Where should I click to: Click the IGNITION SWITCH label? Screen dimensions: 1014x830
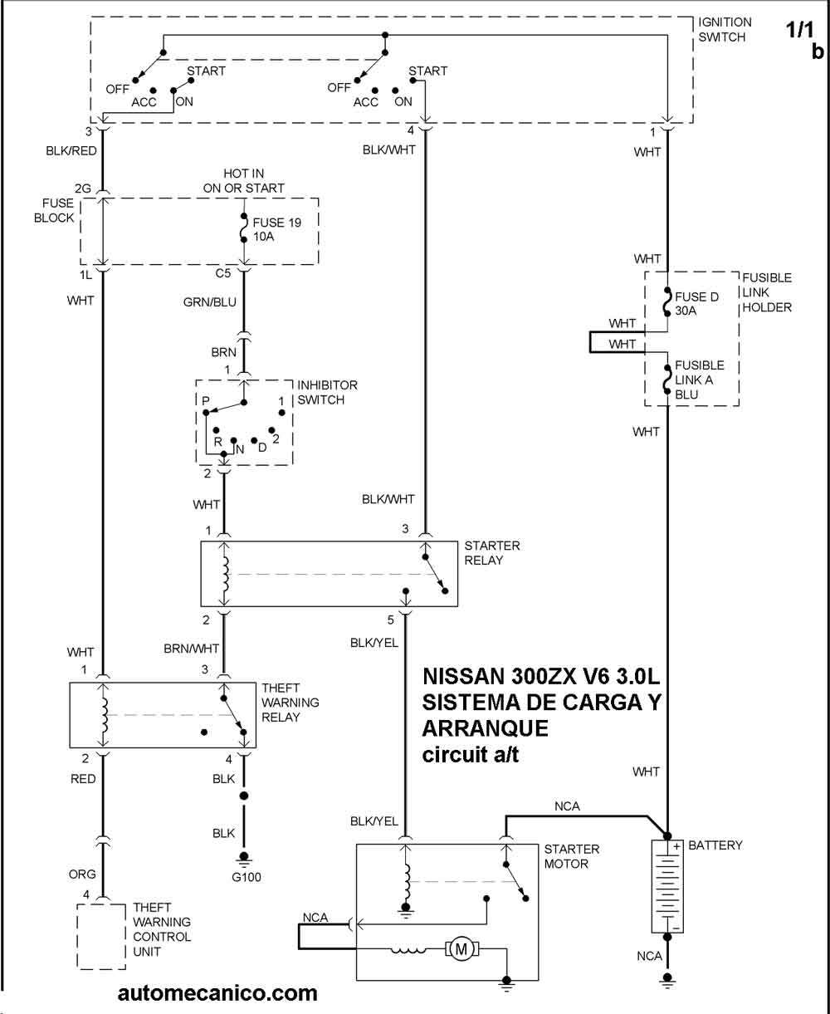(x=724, y=30)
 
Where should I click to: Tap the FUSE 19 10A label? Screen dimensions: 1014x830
(x=277, y=228)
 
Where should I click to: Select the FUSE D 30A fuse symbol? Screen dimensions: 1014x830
(x=666, y=303)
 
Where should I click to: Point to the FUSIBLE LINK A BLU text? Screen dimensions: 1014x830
(x=699, y=380)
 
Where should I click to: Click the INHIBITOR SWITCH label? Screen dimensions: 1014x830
(x=327, y=392)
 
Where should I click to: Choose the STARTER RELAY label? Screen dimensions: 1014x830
(x=491, y=553)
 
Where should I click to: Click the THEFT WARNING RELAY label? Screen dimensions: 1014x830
(x=290, y=703)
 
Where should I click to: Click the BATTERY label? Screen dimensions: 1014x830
(x=715, y=845)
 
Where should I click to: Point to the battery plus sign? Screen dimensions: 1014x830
(x=676, y=847)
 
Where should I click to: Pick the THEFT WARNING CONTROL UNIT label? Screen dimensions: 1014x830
(x=162, y=929)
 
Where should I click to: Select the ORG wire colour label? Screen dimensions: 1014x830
(x=83, y=874)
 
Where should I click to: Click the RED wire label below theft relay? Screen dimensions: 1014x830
(x=83, y=779)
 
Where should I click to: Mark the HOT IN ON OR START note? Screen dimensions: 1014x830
(x=242, y=180)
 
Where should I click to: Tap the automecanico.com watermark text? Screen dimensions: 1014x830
(x=217, y=992)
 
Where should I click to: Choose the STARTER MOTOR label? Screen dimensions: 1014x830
(x=572, y=856)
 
